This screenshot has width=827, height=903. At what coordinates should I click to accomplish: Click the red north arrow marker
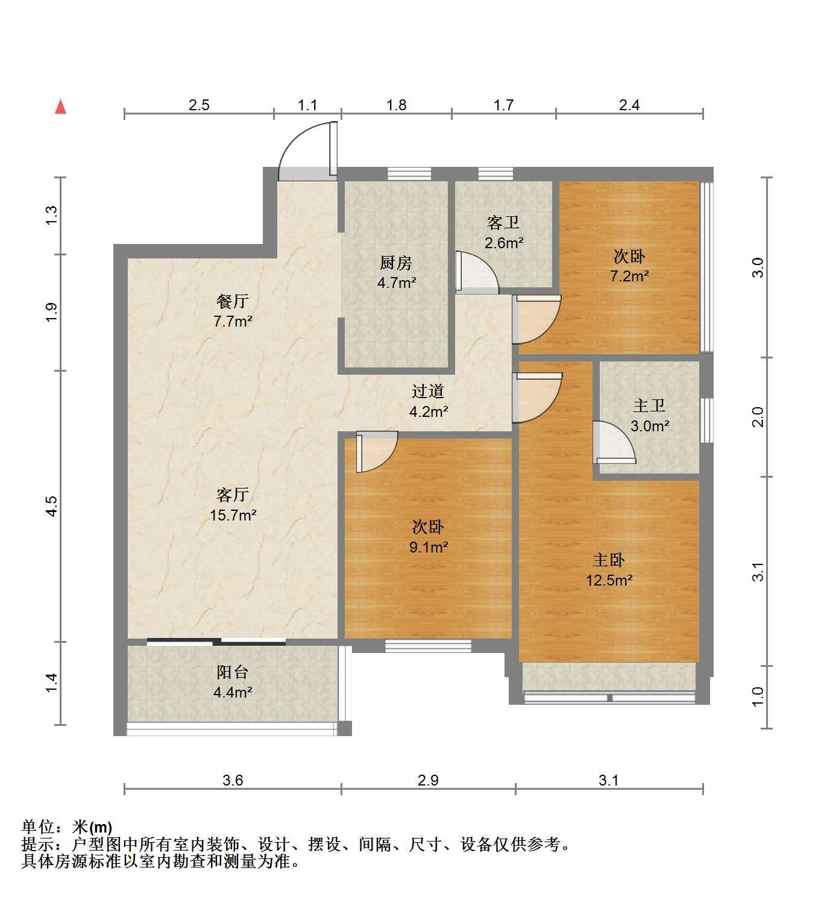coord(60,107)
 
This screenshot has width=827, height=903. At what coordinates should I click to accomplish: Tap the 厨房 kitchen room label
coord(397,272)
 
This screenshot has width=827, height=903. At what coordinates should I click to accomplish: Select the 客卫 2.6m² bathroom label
coord(503,233)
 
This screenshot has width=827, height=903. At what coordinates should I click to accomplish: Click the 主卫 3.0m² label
coord(650,416)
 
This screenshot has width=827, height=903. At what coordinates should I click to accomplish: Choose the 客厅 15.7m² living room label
coord(233,505)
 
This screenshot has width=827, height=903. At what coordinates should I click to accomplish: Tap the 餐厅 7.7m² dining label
coord(233,311)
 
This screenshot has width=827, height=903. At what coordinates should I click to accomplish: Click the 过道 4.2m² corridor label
coord(429,401)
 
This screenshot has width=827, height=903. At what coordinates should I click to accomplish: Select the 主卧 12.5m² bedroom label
coord(609,569)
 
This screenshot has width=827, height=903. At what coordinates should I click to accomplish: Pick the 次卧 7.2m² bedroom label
coord(629,266)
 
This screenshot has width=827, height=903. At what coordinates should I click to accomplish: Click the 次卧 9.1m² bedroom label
coord(429,536)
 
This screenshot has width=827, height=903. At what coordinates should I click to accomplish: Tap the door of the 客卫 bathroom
coord(476,272)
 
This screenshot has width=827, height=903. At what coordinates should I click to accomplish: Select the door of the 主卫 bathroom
coord(614,442)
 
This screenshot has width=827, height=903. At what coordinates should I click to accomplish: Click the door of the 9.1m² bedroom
coord(377,452)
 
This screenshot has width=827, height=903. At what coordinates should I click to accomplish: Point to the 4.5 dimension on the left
coord(52,506)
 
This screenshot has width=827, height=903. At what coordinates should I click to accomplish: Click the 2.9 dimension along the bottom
coord(428,780)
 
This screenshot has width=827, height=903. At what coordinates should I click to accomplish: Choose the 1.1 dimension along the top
coord(307,105)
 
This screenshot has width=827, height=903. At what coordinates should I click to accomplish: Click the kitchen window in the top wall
coord(409,173)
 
